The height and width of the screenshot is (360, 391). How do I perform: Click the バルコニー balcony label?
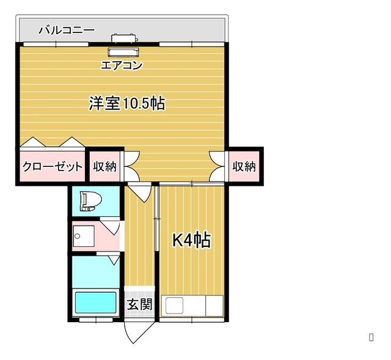coord(67,30)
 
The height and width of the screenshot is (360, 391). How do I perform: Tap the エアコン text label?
coord(122,65)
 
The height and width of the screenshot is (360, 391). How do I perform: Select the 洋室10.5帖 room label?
coord(127,103)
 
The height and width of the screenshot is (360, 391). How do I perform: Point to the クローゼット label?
coord(53,166)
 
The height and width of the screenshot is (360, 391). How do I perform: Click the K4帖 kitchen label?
coord(192,240)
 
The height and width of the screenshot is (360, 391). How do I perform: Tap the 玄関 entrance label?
coord(139,304)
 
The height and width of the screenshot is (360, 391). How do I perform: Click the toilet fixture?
coord(90,201)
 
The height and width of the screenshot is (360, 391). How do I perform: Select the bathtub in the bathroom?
coord(95,303)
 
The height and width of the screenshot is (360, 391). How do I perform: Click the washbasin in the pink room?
coord(83,236)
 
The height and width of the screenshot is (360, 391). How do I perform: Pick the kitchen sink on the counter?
coord(175,306)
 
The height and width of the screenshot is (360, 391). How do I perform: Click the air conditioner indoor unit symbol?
coord(123,52)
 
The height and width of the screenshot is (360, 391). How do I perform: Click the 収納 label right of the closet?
coord(104,166)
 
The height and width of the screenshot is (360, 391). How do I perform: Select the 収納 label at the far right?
coord(244,166)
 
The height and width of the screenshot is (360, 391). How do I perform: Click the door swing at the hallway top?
coord(140,192)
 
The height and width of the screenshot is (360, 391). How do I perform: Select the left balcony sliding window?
coord(56,45)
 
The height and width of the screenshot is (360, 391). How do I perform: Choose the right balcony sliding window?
coord(192,45)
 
